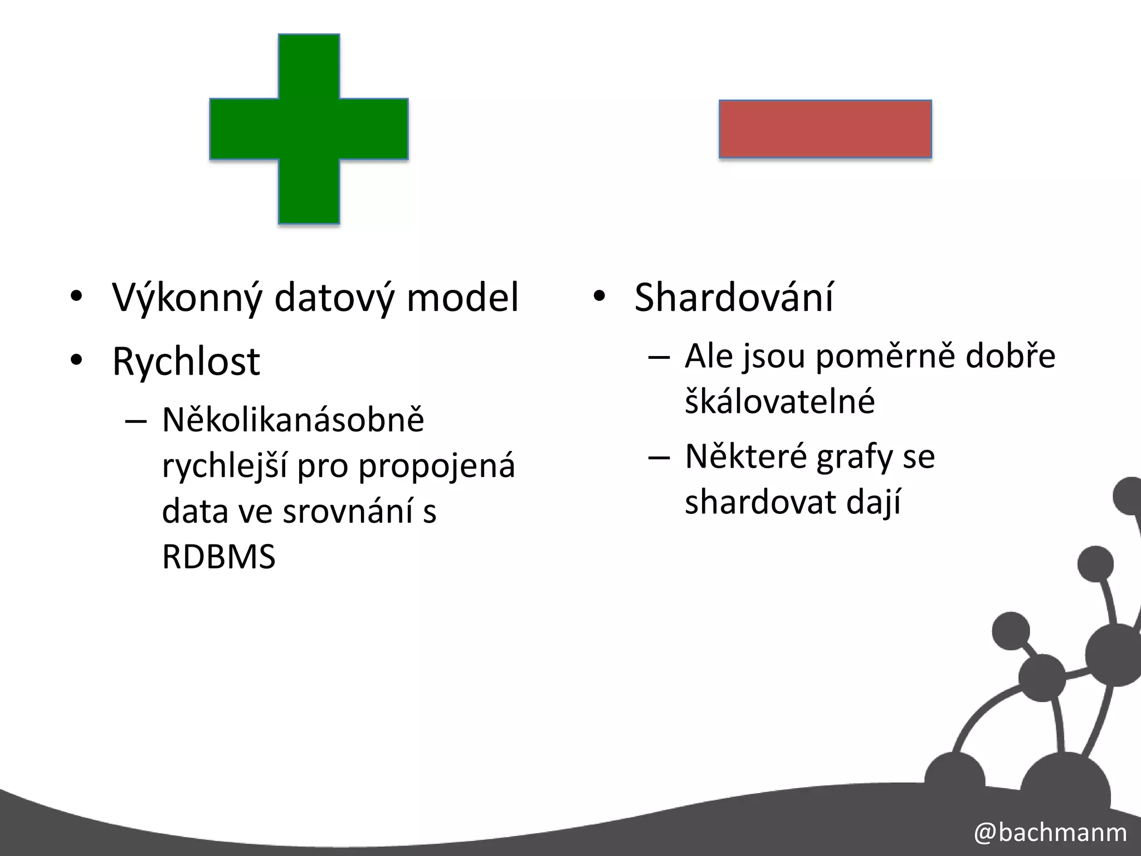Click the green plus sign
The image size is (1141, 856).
(309, 129)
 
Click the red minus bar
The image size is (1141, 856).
(825, 129)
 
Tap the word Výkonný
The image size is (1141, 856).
(187, 298)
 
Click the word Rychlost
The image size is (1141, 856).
(186, 362)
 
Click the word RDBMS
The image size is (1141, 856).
(218, 556)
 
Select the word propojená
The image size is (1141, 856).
(436, 467)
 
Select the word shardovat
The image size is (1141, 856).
(761, 502)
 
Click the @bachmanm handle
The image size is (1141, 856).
(1050, 833)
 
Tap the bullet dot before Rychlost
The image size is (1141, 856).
(76, 361)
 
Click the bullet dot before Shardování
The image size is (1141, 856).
(598, 296)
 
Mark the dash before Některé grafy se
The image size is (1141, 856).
(659, 458)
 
